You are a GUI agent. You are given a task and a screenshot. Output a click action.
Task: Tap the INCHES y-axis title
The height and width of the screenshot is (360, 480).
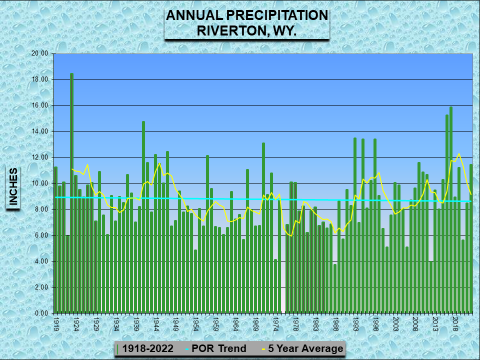[x=13, y=187]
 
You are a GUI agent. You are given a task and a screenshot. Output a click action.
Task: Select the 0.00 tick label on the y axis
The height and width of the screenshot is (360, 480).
[x=40, y=313]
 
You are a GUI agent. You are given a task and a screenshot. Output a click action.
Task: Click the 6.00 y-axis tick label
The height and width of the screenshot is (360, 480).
[x=40, y=235]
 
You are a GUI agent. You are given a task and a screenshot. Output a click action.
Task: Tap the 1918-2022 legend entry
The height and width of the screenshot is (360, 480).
[x=148, y=348]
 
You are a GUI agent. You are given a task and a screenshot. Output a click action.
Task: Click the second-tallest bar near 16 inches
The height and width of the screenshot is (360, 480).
[x=450, y=210]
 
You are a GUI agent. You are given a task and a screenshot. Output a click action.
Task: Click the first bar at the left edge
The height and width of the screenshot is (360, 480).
[x=55, y=240]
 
